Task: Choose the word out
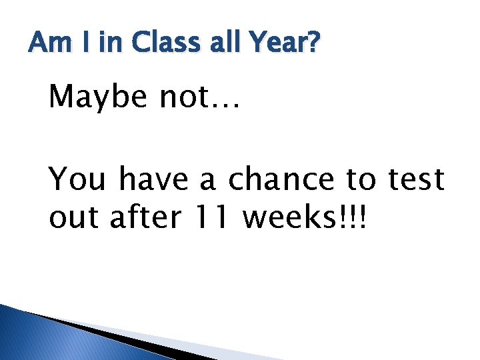point(75,218)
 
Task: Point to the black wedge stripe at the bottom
point(120,337)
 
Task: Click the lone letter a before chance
point(208,180)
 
